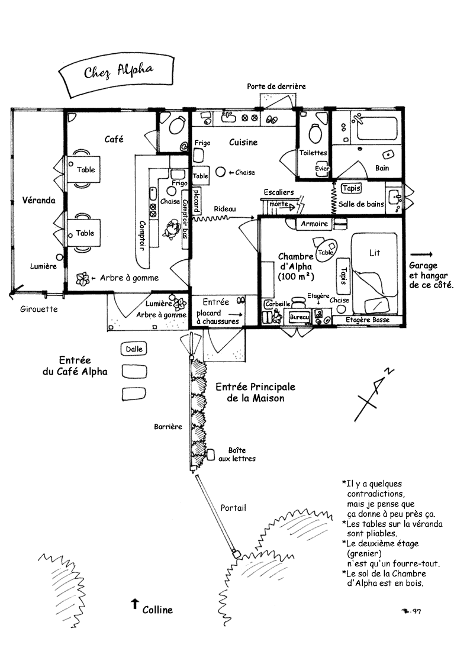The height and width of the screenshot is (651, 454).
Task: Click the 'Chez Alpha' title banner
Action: pyautogui.click(x=115, y=74)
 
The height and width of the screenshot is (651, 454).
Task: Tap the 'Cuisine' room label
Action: pyautogui.click(x=243, y=143)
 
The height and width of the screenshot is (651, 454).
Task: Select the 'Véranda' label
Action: pyautogui.click(x=38, y=200)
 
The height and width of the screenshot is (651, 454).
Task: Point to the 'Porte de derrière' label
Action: pyautogui.click(x=276, y=86)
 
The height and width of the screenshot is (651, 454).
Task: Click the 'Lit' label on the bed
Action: pyautogui.click(x=374, y=253)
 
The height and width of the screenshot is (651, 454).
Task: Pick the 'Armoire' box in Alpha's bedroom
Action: pyautogui.click(x=314, y=224)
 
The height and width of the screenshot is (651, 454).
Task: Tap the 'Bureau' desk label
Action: pyautogui.click(x=299, y=317)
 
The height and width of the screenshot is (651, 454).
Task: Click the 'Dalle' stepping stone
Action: pyautogui.click(x=134, y=349)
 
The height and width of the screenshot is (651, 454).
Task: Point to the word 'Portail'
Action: pyautogui.click(x=233, y=508)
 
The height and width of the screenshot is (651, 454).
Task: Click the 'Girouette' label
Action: pyautogui.click(x=38, y=310)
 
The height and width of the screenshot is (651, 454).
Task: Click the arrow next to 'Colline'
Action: pyautogui.click(x=134, y=604)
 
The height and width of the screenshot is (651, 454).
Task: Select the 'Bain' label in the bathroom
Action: pyautogui.click(x=382, y=168)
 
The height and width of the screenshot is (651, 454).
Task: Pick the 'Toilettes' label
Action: pyautogui.click(x=313, y=153)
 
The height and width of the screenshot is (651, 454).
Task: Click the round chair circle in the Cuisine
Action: pyautogui.click(x=221, y=172)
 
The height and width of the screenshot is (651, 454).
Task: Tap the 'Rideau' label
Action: pyautogui.click(x=225, y=209)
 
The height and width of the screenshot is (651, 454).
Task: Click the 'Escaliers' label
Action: pyautogui.click(x=279, y=192)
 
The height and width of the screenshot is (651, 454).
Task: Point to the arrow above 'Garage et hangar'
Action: pyautogui.click(x=421, y=254)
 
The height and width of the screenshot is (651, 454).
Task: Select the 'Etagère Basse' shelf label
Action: pyautogui.click(x=368, y=320)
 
